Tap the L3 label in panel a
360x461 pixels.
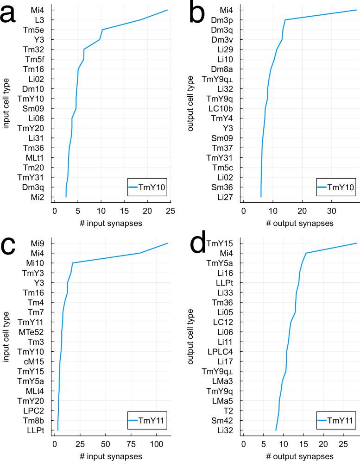coord(39,20)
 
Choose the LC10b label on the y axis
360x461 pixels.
coord(221,108)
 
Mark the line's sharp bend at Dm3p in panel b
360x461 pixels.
coord(285,20)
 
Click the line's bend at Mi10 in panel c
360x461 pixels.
coord(72,263)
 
